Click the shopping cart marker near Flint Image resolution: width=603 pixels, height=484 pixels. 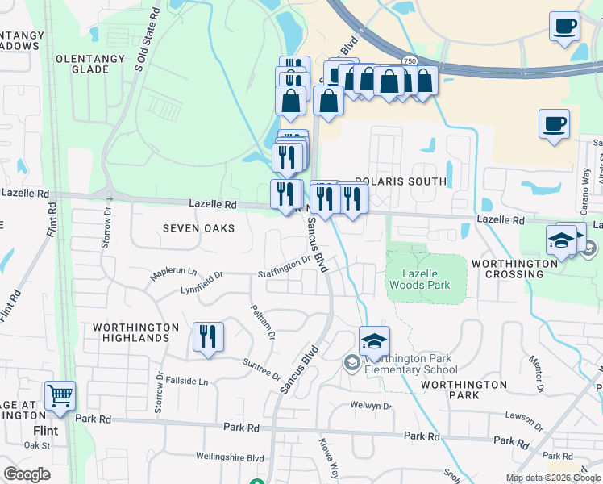click(x=60, y=396)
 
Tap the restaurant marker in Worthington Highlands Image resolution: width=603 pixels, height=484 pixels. click(x=208, y=337)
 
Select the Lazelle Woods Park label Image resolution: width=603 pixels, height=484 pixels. click(x=420, y=279)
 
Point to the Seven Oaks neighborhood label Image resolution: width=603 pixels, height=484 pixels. click(x=198, y=228)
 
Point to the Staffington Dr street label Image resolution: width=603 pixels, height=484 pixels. click(x=284, y=268)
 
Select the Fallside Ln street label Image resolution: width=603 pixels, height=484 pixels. click(x=186, y=380)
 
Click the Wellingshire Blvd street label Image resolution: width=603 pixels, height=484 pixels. click(x=230, y=457)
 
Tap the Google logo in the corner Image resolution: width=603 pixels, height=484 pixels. click(x=27, y=474)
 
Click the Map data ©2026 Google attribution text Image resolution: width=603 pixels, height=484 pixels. click(x=553, y=478)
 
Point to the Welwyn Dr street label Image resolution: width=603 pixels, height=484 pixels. click(x=370, y=406)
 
